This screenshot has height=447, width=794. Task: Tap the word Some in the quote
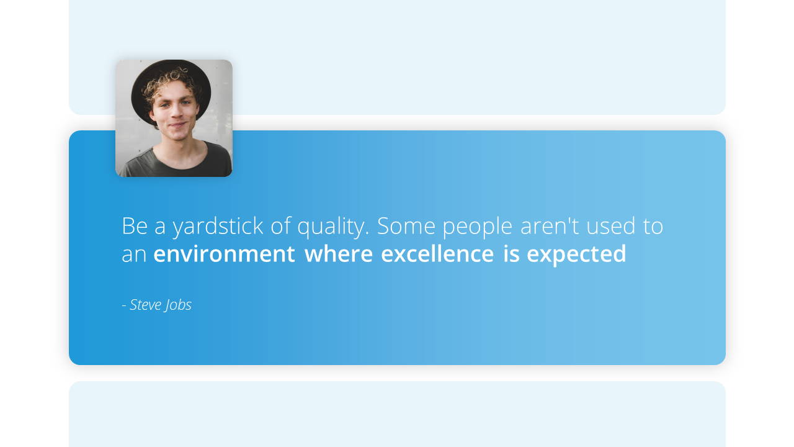pos(406,225)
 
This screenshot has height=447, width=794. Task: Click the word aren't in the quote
pos(550,225)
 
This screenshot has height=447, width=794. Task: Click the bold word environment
pos(224,254)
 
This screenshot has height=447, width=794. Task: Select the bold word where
pos(339,253)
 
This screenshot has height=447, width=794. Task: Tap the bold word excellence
pos(437,253)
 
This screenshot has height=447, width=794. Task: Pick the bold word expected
pos(577,255)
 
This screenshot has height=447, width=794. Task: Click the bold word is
pos(512,253)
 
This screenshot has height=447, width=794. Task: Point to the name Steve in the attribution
pos(145,305)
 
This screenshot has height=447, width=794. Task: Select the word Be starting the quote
pos(135,225)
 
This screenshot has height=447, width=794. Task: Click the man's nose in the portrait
pos(174,112)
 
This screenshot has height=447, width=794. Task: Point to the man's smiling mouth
pos(177,125)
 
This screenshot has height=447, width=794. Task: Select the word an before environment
pos(134,255)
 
